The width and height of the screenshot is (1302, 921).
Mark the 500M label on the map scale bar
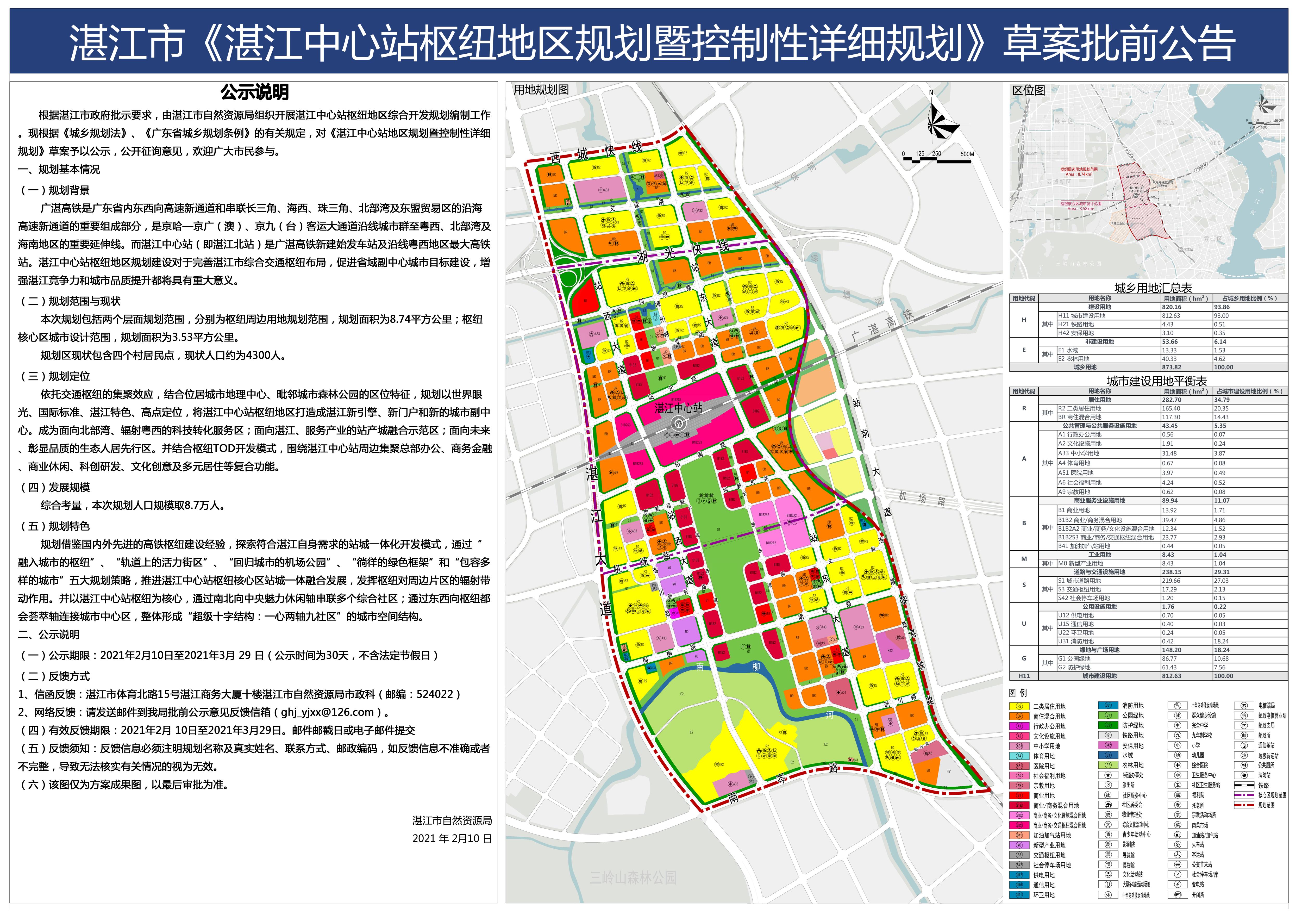click(x=967, y=154)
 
